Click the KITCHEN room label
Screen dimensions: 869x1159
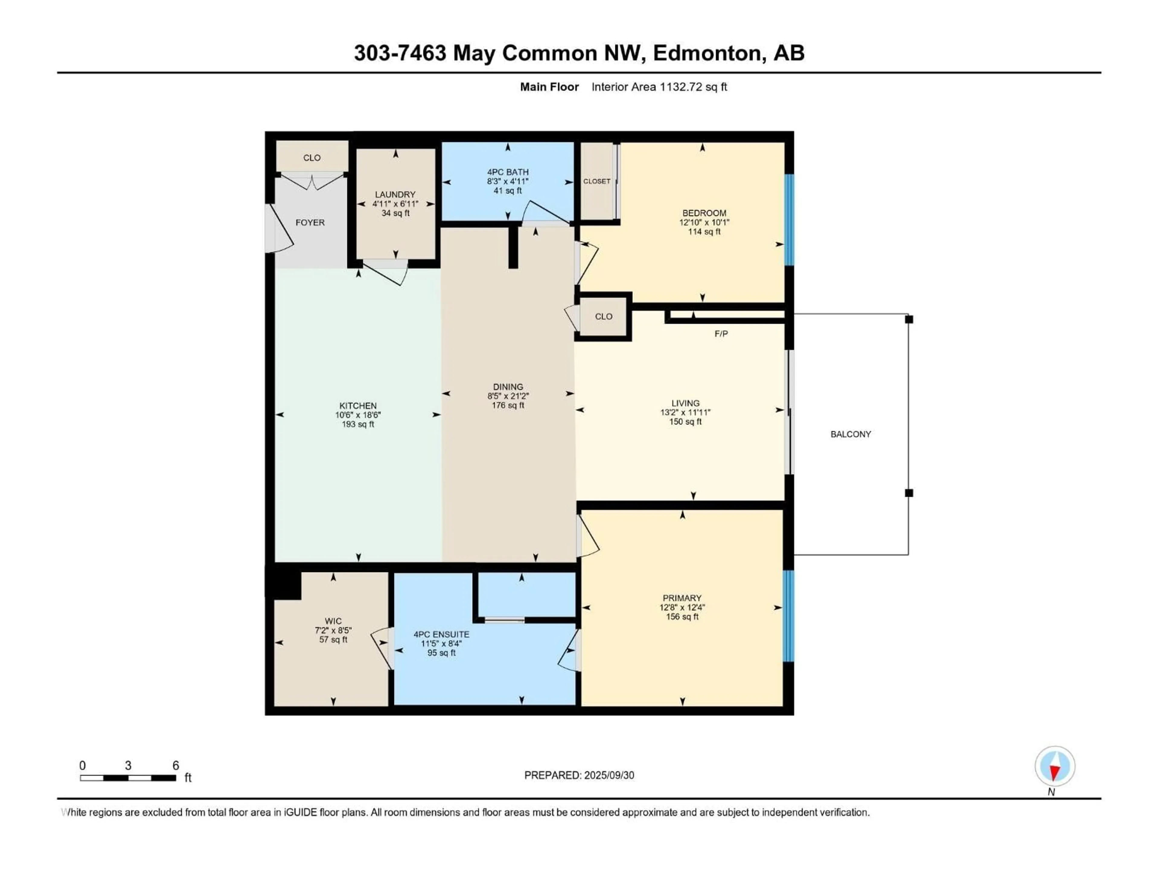click(x=358, y=406)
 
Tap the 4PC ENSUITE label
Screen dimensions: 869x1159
click(x=441, y=634)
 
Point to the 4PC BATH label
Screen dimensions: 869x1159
click(x=508, y=172)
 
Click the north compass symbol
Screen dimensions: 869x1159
click(x=1055, y=766)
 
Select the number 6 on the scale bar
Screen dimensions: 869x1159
click(x=176, y=765)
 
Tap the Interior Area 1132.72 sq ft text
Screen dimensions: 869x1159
click(x=659, y=87)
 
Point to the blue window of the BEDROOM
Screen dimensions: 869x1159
click(x=789, y=220)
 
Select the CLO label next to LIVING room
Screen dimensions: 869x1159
click(x=604, y=317)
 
